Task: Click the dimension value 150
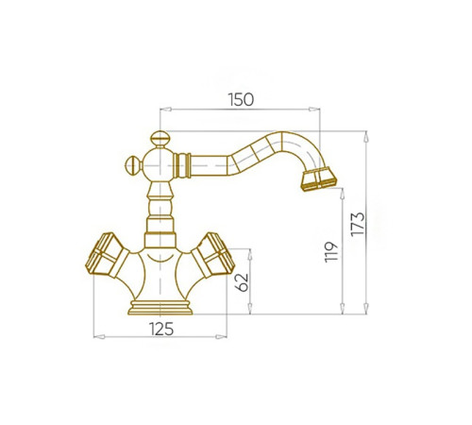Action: tap(241, 99)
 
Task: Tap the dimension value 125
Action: tap(161, 330)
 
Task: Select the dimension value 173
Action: tap(358, 224)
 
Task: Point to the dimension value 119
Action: tap(331, 252)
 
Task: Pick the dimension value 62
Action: tap(242, 282)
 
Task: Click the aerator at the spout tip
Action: tap(319, 179)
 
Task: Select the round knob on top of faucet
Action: tap(160, 139)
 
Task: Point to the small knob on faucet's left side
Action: tap(133, 165)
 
